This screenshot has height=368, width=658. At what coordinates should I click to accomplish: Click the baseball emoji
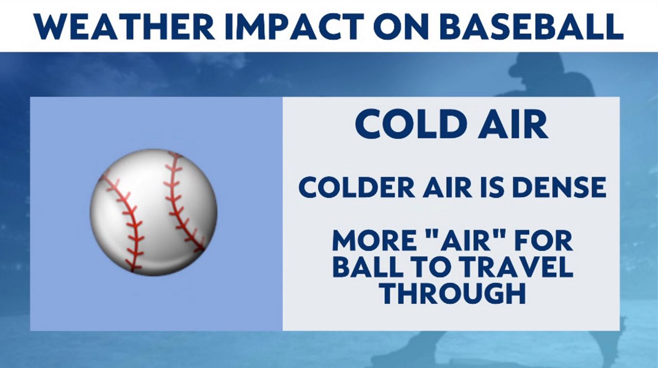[x=153, y=212]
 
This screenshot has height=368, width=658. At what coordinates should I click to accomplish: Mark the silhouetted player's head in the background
[x=535, y=69]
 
